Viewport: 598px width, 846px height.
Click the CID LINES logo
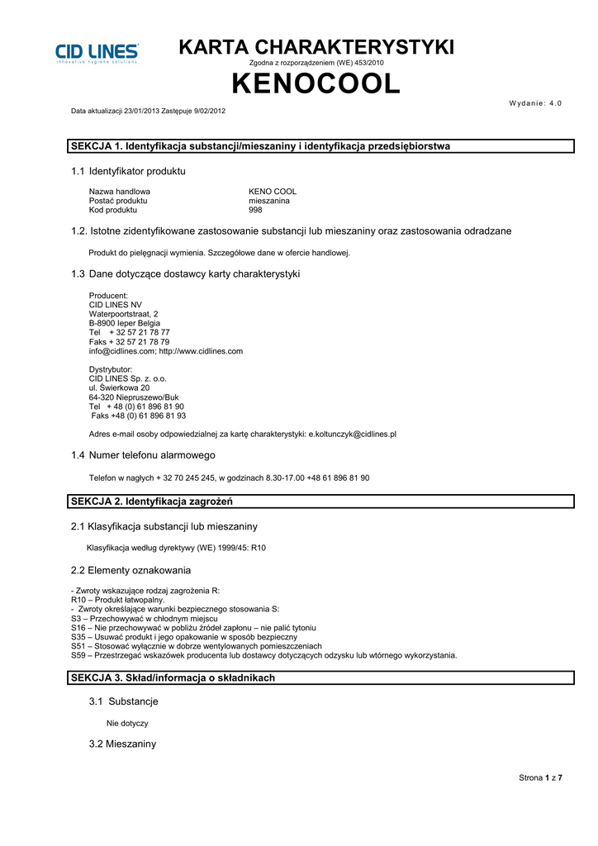(97, 53)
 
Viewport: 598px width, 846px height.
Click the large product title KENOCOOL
(316, 83)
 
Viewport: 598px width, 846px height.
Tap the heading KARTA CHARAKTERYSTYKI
(316, 48)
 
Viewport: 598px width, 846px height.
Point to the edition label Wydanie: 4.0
(536, 102)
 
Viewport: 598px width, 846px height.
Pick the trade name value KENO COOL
(273, 191)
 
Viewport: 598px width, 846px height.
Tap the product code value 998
(255, 210)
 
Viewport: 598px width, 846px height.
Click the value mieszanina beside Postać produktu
(269, 201)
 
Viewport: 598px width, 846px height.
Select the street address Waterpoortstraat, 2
(123, 314)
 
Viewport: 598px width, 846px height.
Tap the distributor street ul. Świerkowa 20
(119, 387)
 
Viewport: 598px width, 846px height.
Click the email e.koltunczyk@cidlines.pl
(353, 434)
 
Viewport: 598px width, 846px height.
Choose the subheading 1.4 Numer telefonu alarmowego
(143, 455)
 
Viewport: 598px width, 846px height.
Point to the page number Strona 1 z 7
(540, 777)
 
